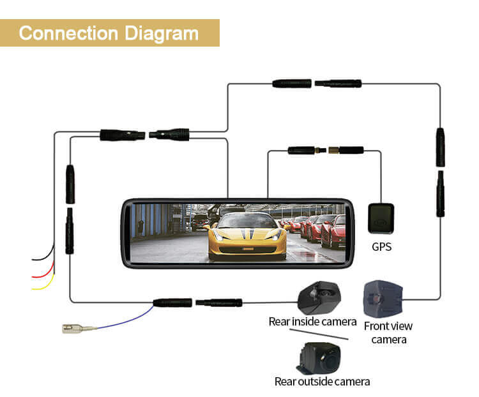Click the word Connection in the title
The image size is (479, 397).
68,33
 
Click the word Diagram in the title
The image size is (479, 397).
162,34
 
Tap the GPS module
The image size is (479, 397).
381,218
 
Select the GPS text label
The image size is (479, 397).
381,246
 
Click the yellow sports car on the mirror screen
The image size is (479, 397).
247,237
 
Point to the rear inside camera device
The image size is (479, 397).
319,297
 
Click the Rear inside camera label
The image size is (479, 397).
312,322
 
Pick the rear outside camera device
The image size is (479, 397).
318,357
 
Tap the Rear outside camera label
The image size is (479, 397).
322,382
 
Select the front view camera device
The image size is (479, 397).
383,299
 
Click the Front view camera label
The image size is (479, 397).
388,333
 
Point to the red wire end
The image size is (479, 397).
33,276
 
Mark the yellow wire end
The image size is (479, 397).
33,288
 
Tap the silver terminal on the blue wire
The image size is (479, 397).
79,329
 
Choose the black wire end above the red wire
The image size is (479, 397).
33,260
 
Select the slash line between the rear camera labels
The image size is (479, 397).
319,334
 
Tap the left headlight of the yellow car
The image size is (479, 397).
218,234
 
